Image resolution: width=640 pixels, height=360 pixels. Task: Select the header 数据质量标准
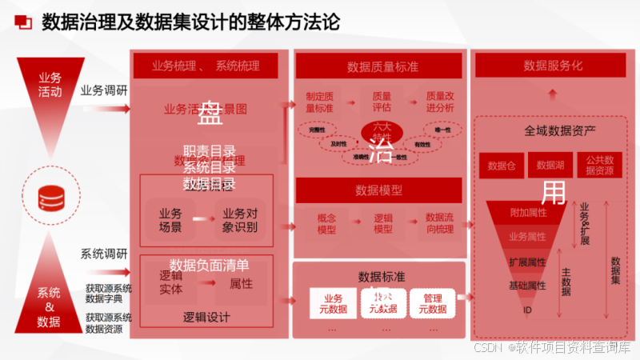point(378,66)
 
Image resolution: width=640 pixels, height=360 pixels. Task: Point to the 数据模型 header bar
point(378,190)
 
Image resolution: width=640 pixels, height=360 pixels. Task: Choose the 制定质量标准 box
point(319,102)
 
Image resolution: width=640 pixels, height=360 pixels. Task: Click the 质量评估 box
point(382,102)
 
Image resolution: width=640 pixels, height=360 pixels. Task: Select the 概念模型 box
point(326,223)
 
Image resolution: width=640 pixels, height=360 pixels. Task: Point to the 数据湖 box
point(550,166)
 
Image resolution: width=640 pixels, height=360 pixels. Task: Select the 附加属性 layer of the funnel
point(528,213)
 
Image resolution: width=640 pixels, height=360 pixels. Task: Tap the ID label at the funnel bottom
point(528,310)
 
